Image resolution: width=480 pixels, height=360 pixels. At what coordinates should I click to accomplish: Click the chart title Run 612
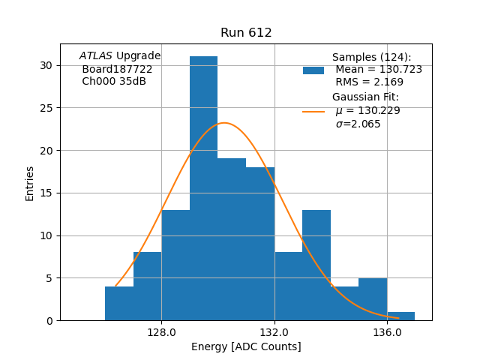coord(246,33)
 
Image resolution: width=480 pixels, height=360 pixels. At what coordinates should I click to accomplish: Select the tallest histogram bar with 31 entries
coord(203,187)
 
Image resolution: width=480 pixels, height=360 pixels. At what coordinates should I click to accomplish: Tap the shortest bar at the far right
coord(401,316)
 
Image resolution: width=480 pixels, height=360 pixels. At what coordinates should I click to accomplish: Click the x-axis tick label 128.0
coord(161,332)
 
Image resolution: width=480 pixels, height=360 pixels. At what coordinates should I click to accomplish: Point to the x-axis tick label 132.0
coord(274,332)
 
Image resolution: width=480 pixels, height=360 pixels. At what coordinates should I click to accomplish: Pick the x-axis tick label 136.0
coord(387,332)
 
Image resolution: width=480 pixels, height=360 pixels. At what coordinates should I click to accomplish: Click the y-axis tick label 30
coord(46,65)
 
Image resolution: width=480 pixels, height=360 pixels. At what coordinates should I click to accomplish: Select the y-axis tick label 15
coord(46,193)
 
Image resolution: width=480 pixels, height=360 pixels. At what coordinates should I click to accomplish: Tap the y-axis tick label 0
coord(49,320)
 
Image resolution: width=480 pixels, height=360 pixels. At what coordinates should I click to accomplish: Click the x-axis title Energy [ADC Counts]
coord(246,346)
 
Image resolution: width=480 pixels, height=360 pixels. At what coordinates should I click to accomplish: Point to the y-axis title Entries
coord(30,183)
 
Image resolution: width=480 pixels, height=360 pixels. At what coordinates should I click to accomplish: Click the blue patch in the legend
coord(313,70)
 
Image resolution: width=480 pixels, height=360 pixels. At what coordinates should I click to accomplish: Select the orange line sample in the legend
coord(313,111)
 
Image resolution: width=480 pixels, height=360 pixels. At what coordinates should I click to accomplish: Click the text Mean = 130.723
coord(379,70)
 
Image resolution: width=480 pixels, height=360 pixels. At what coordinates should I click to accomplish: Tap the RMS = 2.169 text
coord(369,82)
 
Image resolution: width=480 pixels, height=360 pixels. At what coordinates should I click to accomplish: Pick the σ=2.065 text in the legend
coord(358,124)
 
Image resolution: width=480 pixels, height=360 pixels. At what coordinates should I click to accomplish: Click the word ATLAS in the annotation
coord(95,56)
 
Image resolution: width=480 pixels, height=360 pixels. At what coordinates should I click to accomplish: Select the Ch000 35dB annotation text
coord(114,82)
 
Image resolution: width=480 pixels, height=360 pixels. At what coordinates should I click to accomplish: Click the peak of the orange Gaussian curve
coord(224,123)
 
